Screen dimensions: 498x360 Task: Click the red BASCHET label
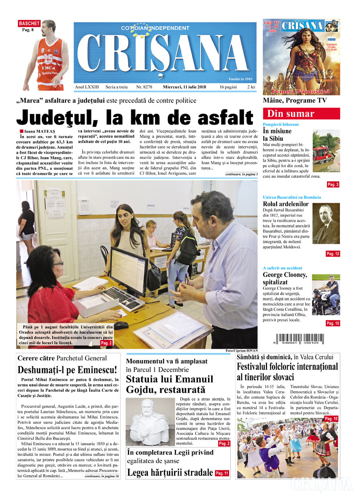coord(29,23)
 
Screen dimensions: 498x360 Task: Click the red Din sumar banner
coord(301,114)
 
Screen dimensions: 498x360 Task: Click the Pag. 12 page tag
coord(332,254)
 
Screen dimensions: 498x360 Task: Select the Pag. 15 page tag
coord(332,323)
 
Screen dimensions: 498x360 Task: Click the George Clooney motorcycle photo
coord(326,295)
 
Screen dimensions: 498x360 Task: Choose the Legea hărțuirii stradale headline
coord(169,473)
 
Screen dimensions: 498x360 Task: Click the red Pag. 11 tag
coord(222,473)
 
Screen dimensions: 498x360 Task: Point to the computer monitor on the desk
coord(128,271)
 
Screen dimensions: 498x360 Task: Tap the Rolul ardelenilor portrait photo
coord(326,223)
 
